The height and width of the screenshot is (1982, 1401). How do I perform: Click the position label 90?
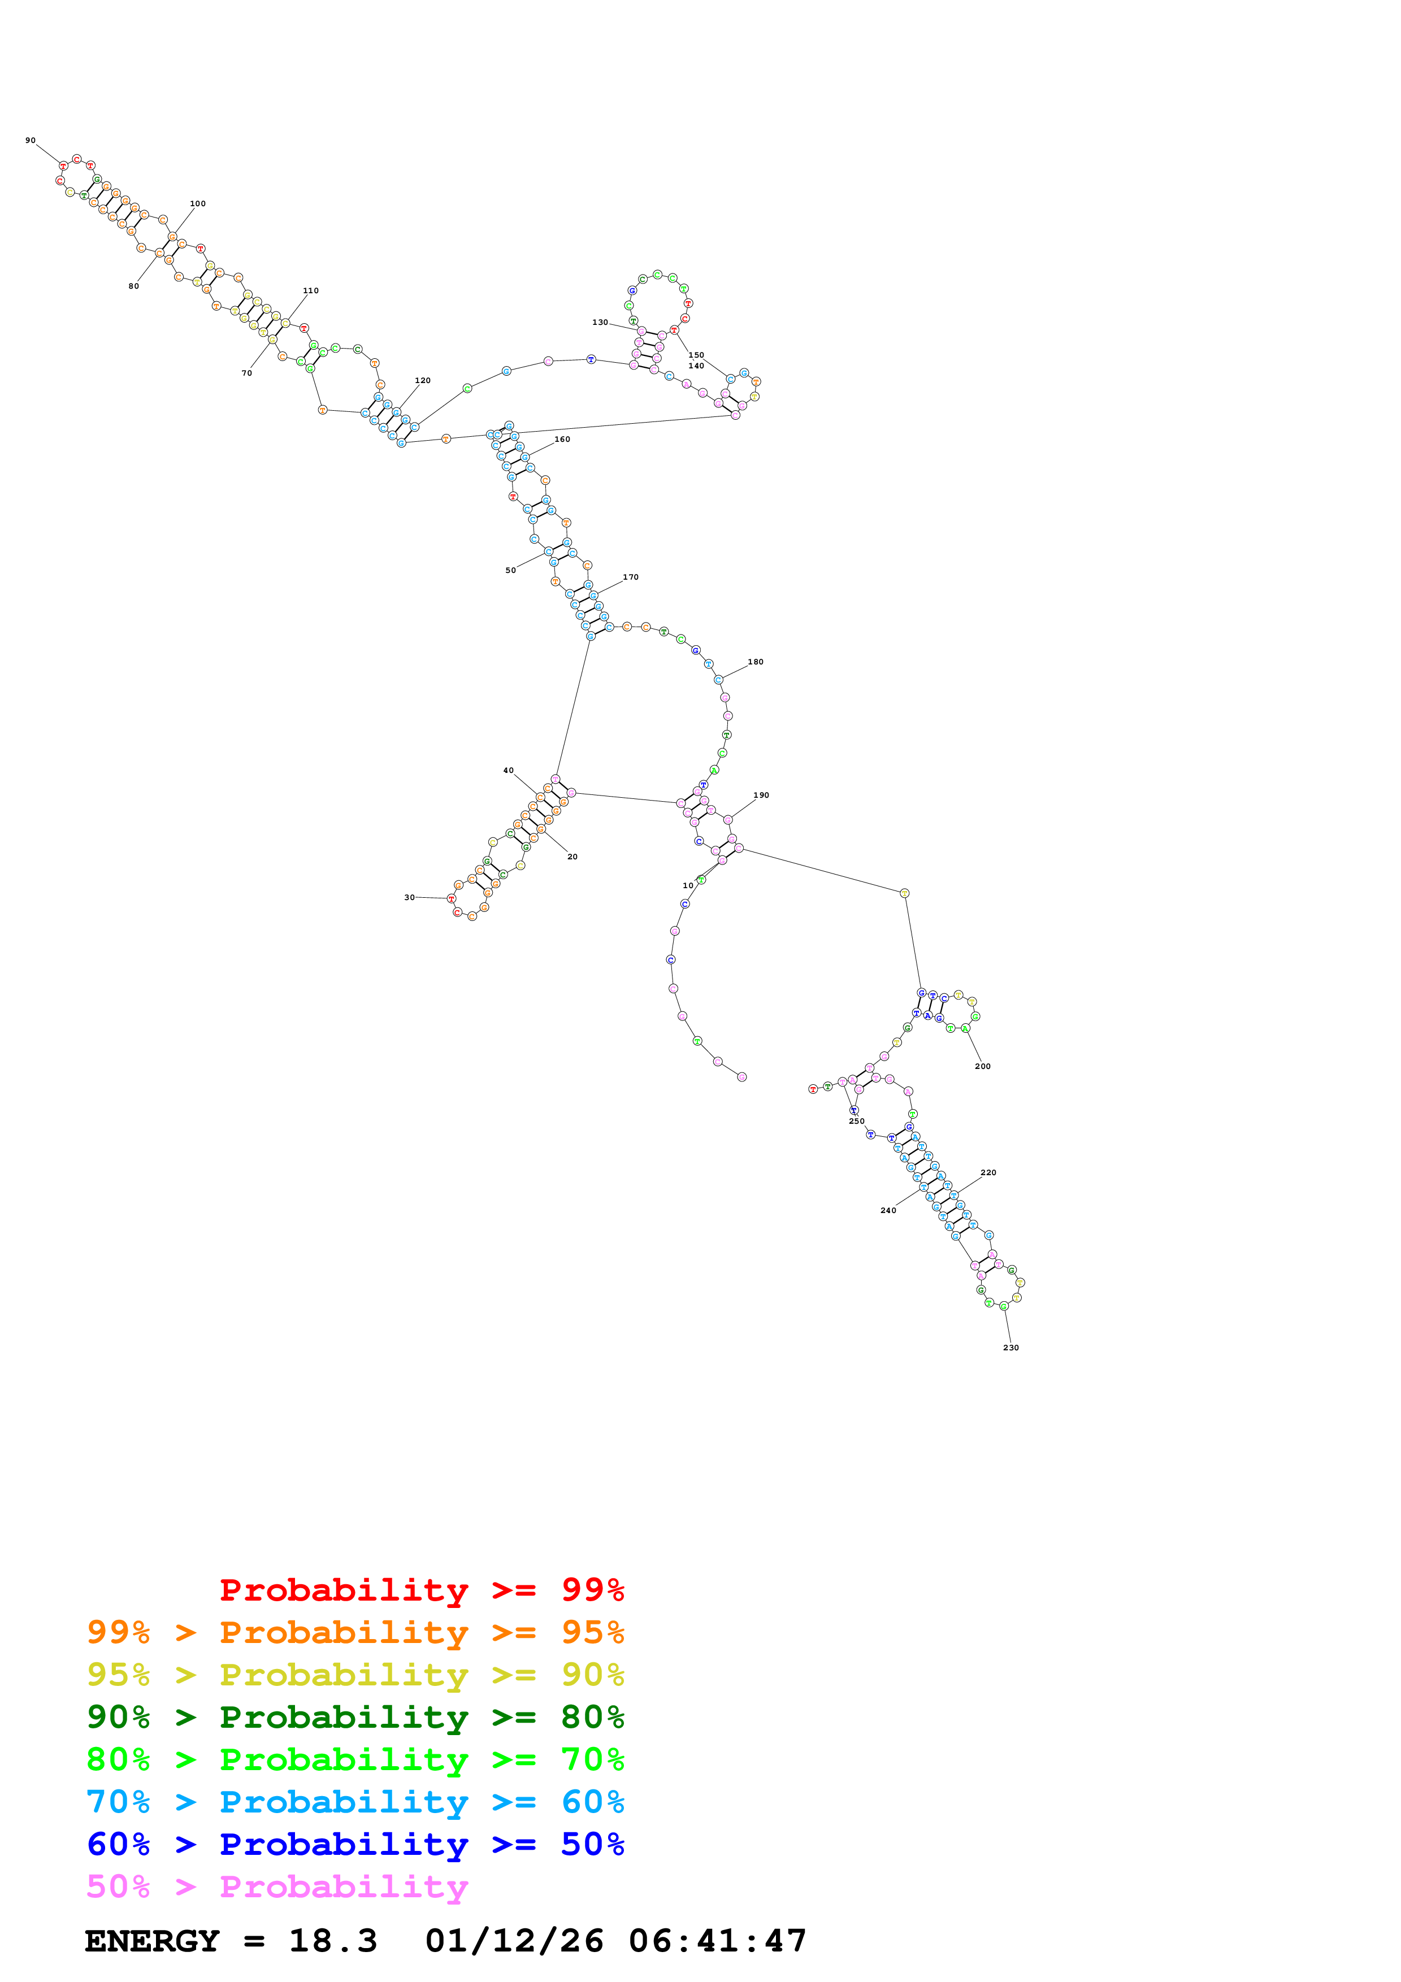tap(30, 140)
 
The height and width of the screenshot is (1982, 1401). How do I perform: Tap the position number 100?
tap(198, 204)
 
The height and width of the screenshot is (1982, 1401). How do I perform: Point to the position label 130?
tap(600, 322)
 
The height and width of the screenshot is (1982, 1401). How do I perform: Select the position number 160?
tap(562, 440)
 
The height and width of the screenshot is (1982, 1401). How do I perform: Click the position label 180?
tap(755, 662)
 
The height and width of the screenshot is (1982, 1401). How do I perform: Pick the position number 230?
tap(1011, 1348)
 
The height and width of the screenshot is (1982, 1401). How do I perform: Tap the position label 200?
tap(982, 1066)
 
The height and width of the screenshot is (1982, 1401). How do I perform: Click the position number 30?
tap(409, 897)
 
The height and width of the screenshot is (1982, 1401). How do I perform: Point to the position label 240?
tap(888, 1210)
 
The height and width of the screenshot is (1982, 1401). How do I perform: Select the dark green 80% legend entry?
tap(355, 1717)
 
